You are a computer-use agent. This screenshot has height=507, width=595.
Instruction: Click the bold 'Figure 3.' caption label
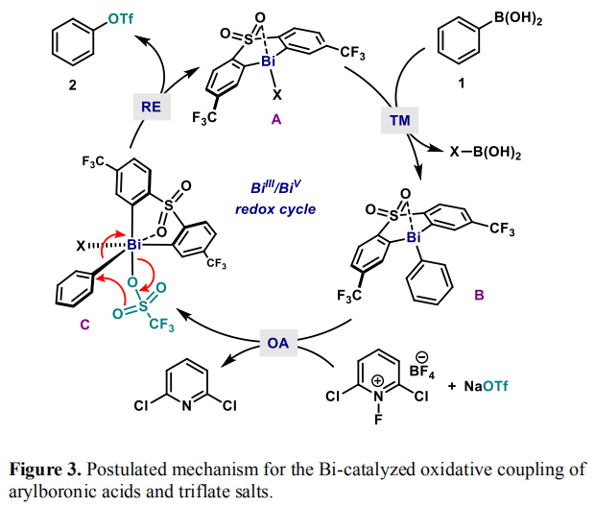point(45,470)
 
